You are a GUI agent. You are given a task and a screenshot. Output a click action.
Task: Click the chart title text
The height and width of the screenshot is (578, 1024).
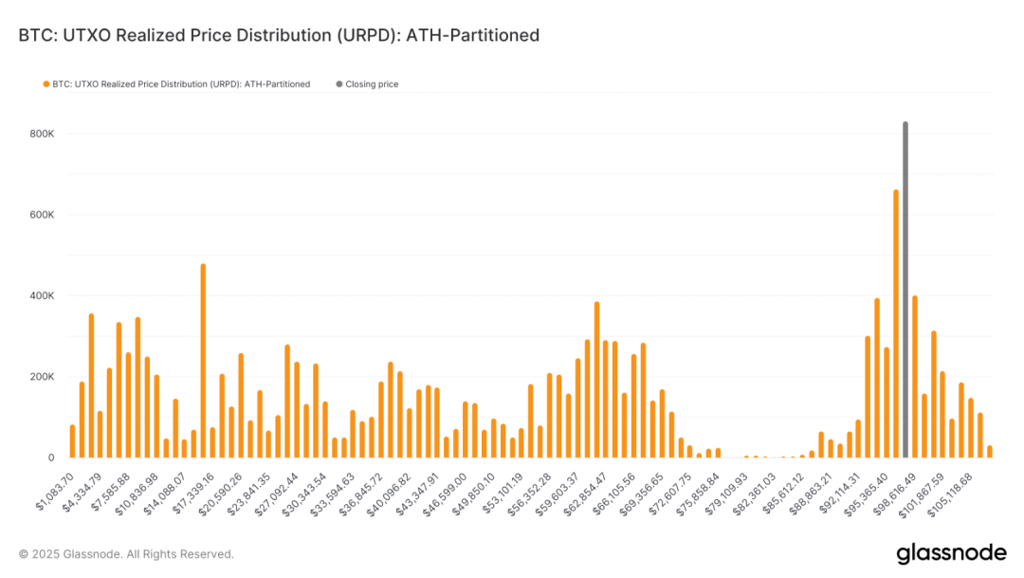279,35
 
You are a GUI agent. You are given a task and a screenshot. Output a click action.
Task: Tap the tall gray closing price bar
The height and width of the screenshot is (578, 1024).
905,289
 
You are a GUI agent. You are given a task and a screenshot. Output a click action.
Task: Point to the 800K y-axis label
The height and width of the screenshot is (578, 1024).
42,134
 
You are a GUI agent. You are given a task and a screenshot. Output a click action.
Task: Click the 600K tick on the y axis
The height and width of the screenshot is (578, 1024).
42,215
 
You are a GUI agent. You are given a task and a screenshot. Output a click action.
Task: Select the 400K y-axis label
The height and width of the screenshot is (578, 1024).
42,296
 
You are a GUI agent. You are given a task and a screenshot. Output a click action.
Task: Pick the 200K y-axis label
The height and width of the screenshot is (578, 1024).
42,377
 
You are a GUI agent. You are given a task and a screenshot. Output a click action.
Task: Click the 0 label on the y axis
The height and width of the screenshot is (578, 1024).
51,457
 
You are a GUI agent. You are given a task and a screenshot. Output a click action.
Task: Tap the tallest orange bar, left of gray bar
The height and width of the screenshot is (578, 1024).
896,323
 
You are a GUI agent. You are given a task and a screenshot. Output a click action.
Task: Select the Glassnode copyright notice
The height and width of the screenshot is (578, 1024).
126,554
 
